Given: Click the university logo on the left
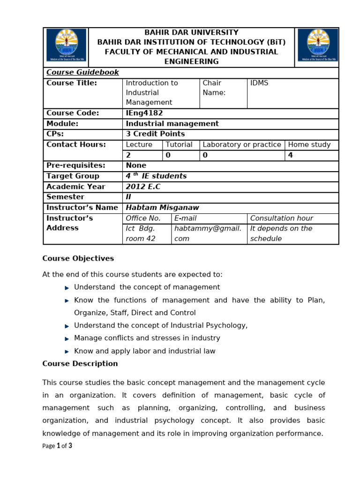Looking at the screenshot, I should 66,46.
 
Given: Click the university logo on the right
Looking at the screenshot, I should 317,46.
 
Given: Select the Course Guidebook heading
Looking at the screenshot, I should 82,73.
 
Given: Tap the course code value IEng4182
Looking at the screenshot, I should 144,113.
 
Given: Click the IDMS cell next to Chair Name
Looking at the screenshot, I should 259,83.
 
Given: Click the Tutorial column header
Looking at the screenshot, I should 179,145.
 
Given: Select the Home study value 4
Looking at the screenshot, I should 291,155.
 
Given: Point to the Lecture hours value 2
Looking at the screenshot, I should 129,155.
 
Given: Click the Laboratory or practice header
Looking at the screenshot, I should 242,145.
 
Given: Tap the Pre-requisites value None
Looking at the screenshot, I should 136,165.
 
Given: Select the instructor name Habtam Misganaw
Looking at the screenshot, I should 159,208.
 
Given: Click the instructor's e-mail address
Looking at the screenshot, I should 208,233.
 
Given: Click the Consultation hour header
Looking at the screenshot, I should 281,218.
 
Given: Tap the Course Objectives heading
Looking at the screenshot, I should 78,259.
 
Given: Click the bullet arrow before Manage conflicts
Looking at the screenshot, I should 67,338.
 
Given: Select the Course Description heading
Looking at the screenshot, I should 80,364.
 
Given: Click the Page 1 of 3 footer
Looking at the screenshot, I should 57,446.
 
